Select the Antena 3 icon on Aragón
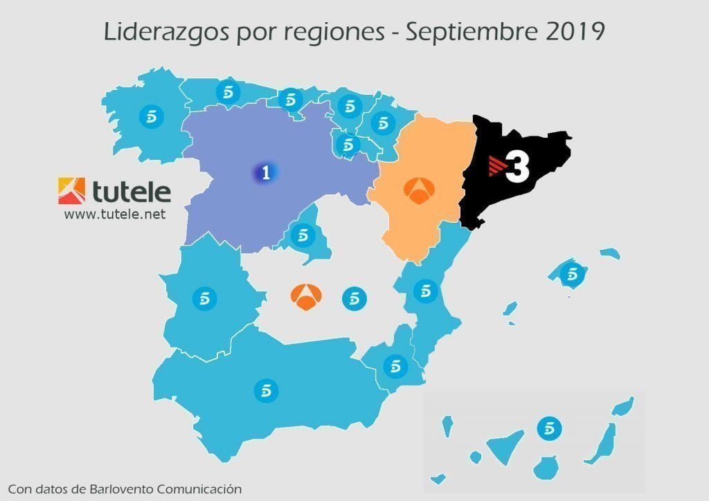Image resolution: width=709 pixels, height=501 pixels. coord(417,192)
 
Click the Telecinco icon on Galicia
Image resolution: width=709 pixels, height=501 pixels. coord(151,117)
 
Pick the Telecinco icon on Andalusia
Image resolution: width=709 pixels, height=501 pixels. coord(265,391)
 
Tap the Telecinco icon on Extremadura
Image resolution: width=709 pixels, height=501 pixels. coord(204,298)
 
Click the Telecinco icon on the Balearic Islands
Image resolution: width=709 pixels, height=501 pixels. coord(572,274)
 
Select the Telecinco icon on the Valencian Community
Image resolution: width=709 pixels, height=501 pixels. coord(425,291)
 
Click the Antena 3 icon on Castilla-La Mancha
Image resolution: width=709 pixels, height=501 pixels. coord(302,296)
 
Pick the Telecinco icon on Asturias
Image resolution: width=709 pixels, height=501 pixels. coord(227,92)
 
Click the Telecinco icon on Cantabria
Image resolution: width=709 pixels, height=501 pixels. coord(290,100)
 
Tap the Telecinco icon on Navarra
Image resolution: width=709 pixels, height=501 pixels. coord(382,123)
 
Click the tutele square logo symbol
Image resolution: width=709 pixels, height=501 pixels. coord(72,191)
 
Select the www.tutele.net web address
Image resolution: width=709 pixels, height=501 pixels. coord(115,215)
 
